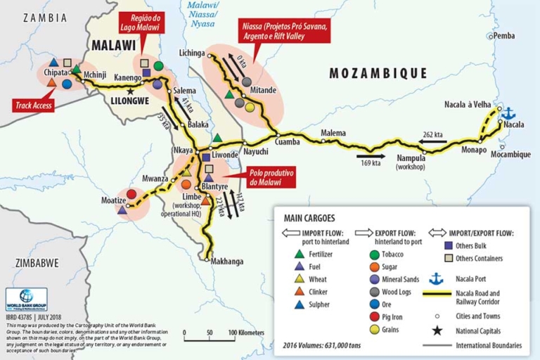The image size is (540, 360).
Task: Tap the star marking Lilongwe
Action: click(130, 91)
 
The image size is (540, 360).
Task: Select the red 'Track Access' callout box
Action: click(34, 106)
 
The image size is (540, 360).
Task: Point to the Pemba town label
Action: click(504, 36)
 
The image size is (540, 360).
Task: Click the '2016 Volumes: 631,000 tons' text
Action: click(323, 345)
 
